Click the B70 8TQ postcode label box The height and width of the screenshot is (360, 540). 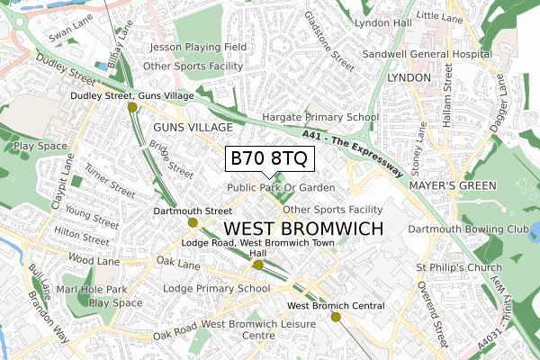269,157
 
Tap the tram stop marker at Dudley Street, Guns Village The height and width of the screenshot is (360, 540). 132,107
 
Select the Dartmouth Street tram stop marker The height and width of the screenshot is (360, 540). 193,222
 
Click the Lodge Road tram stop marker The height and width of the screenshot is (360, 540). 258,265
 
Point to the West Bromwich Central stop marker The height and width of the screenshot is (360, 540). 336,317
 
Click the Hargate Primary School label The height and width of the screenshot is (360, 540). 319,117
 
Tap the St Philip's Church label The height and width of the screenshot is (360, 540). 457,268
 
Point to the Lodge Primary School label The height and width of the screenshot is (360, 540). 216,289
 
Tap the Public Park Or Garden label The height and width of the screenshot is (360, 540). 281,187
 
